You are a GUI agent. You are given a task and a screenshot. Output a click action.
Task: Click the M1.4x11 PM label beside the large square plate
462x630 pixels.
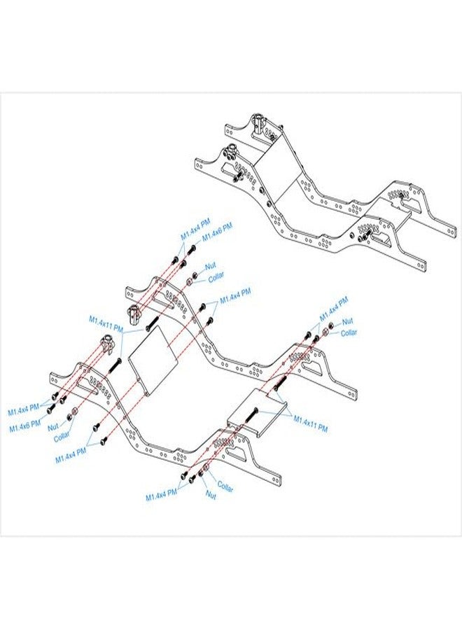click(x=106, y=324)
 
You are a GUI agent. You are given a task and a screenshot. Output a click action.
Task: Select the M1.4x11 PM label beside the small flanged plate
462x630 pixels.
click(x=311, y=424)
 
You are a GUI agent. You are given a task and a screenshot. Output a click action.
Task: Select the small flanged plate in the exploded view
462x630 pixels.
click(x=257, y=413)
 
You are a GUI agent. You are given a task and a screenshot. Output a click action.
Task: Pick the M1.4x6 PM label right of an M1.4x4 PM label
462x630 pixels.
click(x=217, y=233)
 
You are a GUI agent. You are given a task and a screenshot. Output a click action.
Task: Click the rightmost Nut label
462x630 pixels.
click(x=347, y=321)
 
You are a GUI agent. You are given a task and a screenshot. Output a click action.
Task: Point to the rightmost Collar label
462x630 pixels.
click(x=349, y=332)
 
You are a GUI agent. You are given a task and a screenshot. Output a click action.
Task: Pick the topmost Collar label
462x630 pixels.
click(x=216, y=276)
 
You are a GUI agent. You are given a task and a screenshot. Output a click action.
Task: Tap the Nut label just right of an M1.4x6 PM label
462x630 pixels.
click(x=53, y=427)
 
